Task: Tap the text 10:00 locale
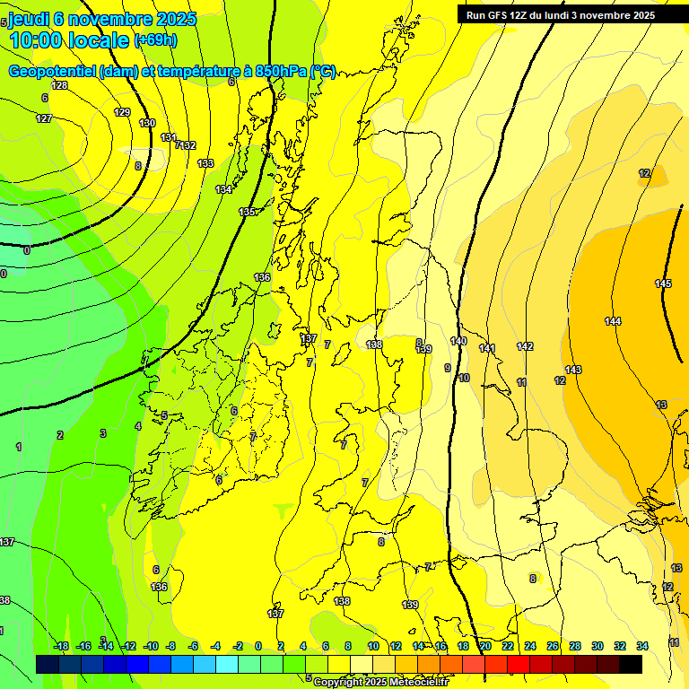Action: tap(70, 40)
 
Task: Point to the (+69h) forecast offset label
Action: tap(156, 40)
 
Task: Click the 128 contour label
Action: tap(59, 85)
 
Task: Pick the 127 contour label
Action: tap(44, 118)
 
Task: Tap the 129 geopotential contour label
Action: tap(123, 112)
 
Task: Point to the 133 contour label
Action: tap(205, 163)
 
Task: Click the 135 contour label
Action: tap(247, 212)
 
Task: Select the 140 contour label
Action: tap(458, 341)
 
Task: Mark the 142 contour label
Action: tap(525, 346)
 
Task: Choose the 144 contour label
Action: tap(613, 321)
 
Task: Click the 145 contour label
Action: tap(663, 283)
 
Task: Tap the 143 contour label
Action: tap(573, 370)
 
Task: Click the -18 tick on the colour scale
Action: tap(61, 646)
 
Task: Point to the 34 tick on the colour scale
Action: tap(642, 646)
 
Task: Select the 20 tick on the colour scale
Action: tap(485, 646)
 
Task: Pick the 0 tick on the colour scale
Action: tap(258, 646)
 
